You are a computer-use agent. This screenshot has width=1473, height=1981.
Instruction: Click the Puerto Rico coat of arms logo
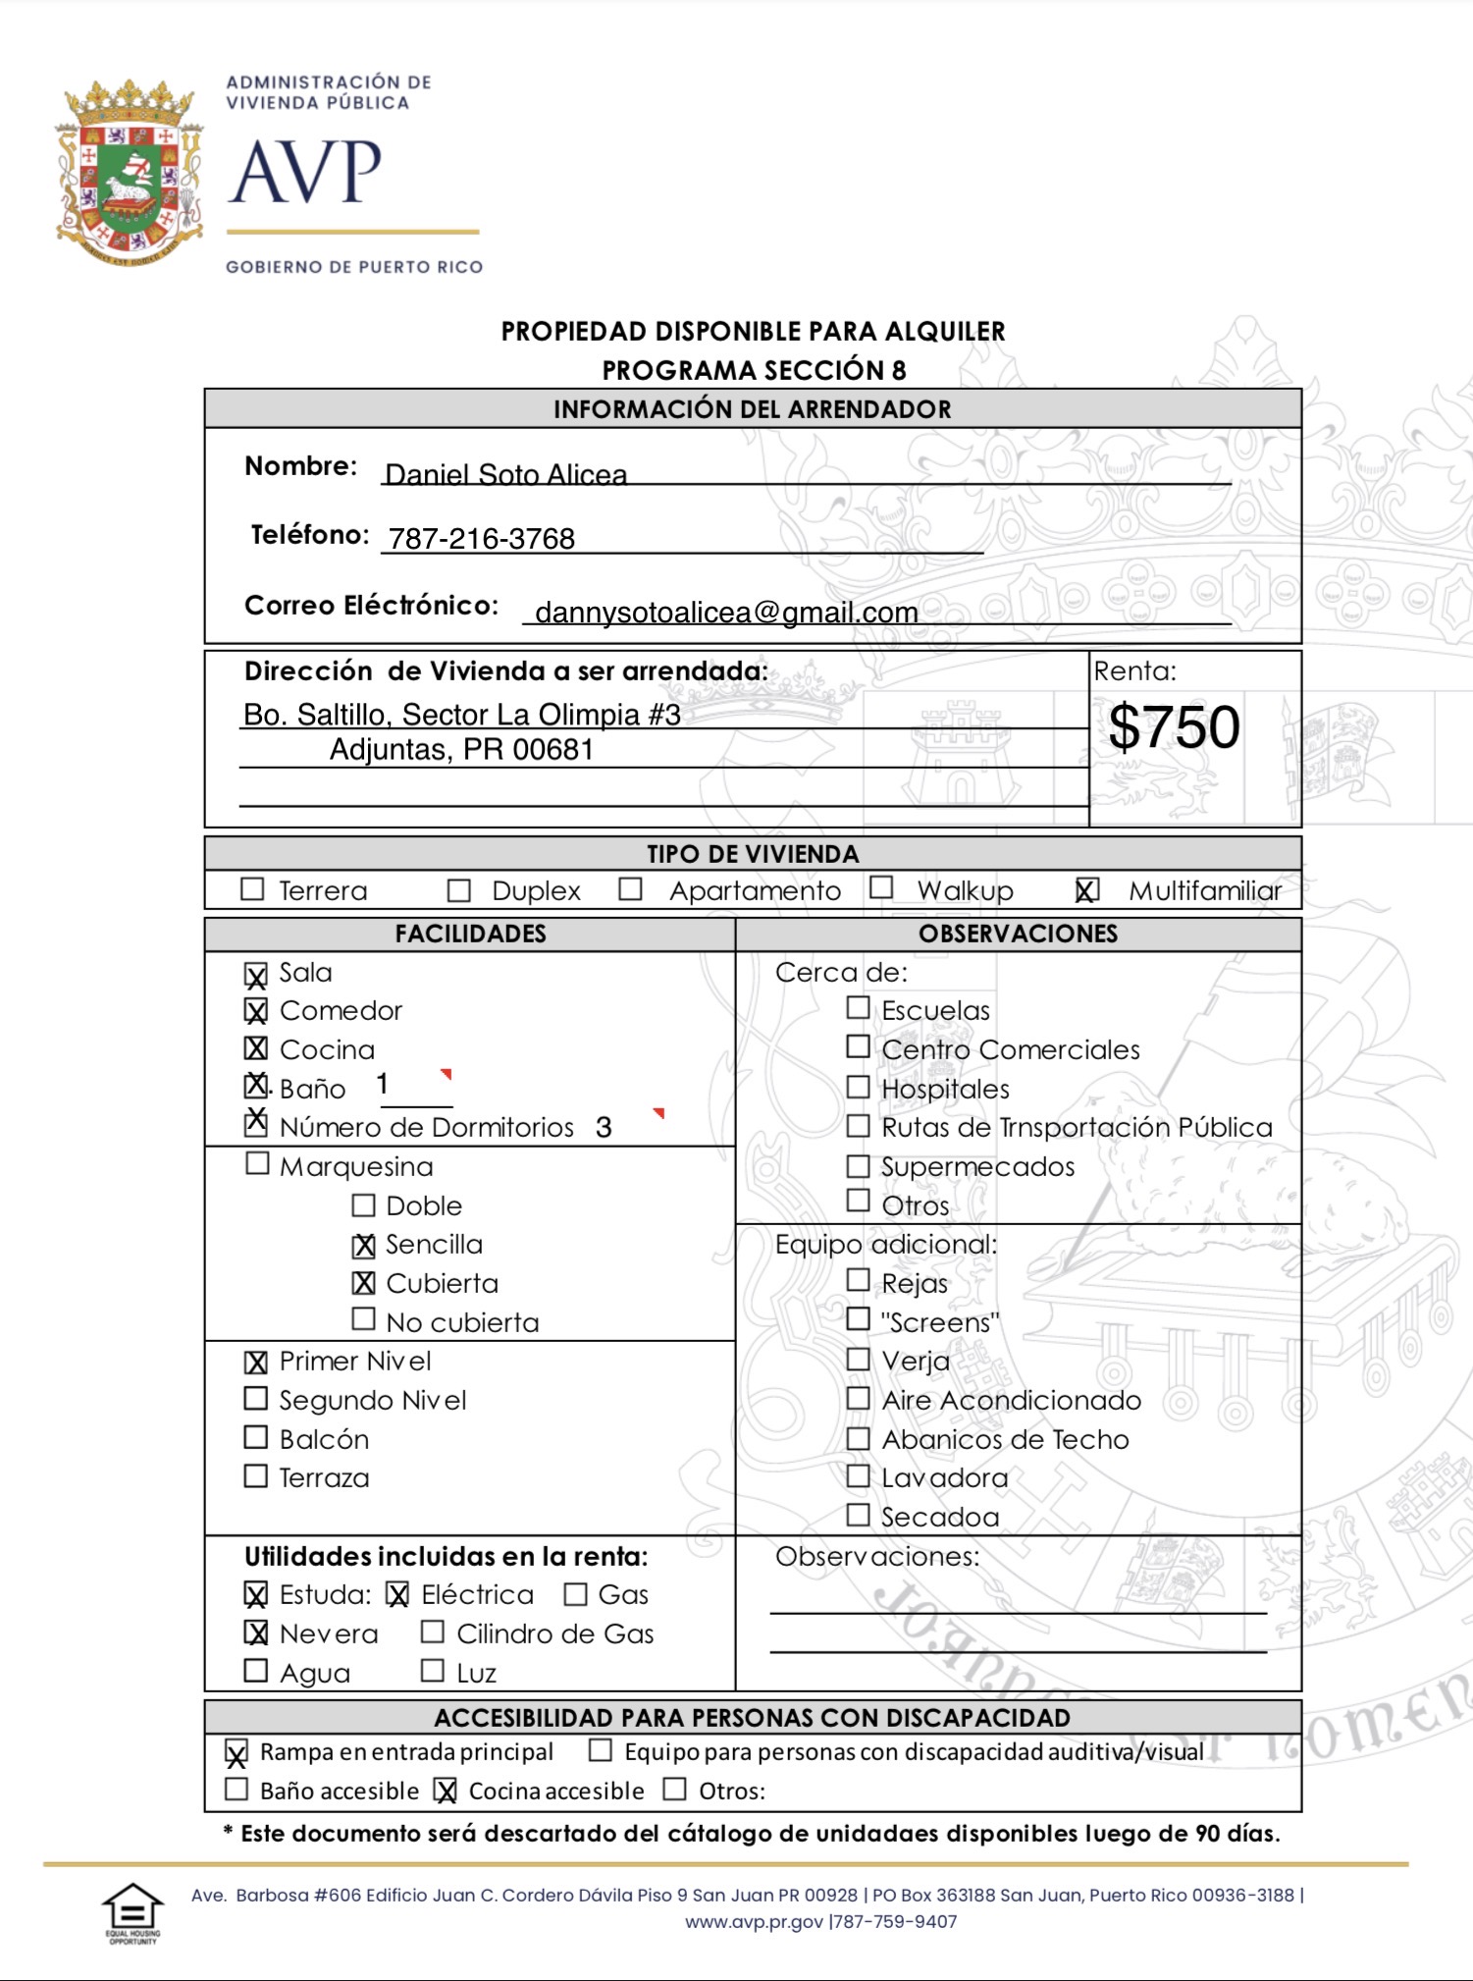point(130,174)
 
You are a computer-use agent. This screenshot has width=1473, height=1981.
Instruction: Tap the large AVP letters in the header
point(305,173)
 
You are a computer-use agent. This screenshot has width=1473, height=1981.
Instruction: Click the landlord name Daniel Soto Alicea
point(505,475)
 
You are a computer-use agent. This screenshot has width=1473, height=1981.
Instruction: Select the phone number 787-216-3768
point(482,539)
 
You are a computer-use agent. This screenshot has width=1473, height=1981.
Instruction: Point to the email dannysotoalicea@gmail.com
point(726,613)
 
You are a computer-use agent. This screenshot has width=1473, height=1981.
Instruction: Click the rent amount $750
point(1174,727)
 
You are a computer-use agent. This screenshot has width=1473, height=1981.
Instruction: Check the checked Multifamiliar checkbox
point(1086,890)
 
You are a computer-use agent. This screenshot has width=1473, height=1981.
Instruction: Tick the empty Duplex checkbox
point(458,890)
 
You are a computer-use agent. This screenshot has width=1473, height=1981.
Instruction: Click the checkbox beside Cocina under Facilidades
point(256,1048)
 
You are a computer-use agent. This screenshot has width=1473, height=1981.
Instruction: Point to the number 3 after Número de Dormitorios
point(604,1127)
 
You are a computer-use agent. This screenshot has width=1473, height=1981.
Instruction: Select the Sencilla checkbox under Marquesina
point(364,1245)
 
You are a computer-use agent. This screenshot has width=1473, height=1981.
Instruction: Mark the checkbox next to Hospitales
point(858,1088)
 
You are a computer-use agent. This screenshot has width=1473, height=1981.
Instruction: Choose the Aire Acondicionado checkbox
point(858,1399)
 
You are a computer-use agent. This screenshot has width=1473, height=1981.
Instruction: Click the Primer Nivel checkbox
point(256,1362)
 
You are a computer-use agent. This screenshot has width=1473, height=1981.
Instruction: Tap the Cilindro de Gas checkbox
point(432,1633)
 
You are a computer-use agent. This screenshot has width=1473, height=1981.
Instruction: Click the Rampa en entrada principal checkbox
point(237,1752)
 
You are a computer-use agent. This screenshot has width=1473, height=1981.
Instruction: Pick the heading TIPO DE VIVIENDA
point(753,854)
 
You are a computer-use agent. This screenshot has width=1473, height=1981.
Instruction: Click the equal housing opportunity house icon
point(132,1909)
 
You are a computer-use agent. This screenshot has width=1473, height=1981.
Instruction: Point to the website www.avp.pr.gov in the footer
point(754,1921)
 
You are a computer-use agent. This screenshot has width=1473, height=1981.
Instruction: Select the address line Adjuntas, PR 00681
point(461,750)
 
